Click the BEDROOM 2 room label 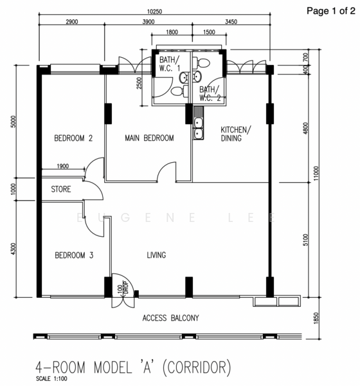pos(73,138)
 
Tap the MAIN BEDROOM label pos(149,138)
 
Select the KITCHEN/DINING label pos(236,134)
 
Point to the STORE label pos(61,189)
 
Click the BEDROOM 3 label pos(74,255)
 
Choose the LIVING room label pos(156,255)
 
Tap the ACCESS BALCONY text pos(170,318)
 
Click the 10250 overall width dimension pos(154,12)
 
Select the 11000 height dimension pos(316,173)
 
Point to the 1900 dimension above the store pos(63,166)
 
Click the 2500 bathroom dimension pos(139,83)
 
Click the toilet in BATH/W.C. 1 pos(179,91)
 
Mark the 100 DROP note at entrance pos(123,288)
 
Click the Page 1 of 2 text pos(331,11)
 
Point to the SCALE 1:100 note pos(51,378)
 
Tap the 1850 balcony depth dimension pos(316,318)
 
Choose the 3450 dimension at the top pos(231,22)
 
